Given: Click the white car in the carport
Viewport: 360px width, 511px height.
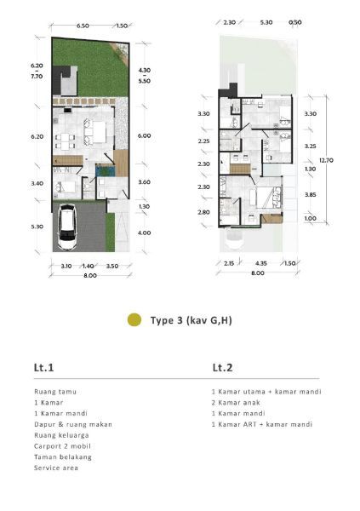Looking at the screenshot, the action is pyautogui.click(x=68, y=227).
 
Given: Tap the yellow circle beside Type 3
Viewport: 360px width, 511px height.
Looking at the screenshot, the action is pyautogui.click(x=134, y=319).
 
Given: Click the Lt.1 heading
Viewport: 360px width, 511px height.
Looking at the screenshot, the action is pyautogui.click(x=43, y=368).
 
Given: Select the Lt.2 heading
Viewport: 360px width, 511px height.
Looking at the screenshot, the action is pyautogui.click(x=222, y=368).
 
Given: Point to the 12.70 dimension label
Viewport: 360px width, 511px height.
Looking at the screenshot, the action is pyautogui.click(x=326, y=160).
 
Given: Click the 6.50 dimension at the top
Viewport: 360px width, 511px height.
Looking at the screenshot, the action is pyautogui.click(x=83, y=26).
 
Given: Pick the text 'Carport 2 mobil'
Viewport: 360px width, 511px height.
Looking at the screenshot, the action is pyautogui.click(x=62, y=446).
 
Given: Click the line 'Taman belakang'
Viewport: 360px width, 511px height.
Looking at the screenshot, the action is pyautogui.click(x=63, y=456).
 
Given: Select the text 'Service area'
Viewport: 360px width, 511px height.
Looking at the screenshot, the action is pyautogui.click(x=56, y=468).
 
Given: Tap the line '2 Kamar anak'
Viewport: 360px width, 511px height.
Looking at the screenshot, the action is pyautogui.click(x=236, y=403).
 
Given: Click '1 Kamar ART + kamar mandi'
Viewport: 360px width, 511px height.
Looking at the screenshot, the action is pyautogui.click(x=262, y=424).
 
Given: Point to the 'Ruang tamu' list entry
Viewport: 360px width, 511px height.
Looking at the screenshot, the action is pyautogui.click(x=55, y=392).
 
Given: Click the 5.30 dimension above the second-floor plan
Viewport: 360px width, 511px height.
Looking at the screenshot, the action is pyautogui.click(x=266, y=22).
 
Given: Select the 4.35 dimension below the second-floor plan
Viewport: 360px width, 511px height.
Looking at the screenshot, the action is pyautogui.click(x=261, y=263).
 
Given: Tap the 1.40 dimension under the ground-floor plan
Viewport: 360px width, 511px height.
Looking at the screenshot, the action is pyautogui.click(x=88, y=266).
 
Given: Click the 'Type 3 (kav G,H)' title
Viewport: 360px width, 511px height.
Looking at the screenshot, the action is pyautogui.click(x=191, y=320).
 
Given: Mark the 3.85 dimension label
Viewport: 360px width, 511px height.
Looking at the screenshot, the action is pyautogui.click(x=310, y=194).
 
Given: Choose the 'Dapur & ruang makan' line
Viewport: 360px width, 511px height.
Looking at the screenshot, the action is pyautogui.click(x=73, y=424).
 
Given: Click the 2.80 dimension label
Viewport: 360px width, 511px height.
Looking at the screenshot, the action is pyautogui.click(x=203, y=212).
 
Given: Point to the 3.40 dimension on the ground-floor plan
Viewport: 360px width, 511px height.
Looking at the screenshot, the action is pyautogui.click(x=37, y=183).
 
